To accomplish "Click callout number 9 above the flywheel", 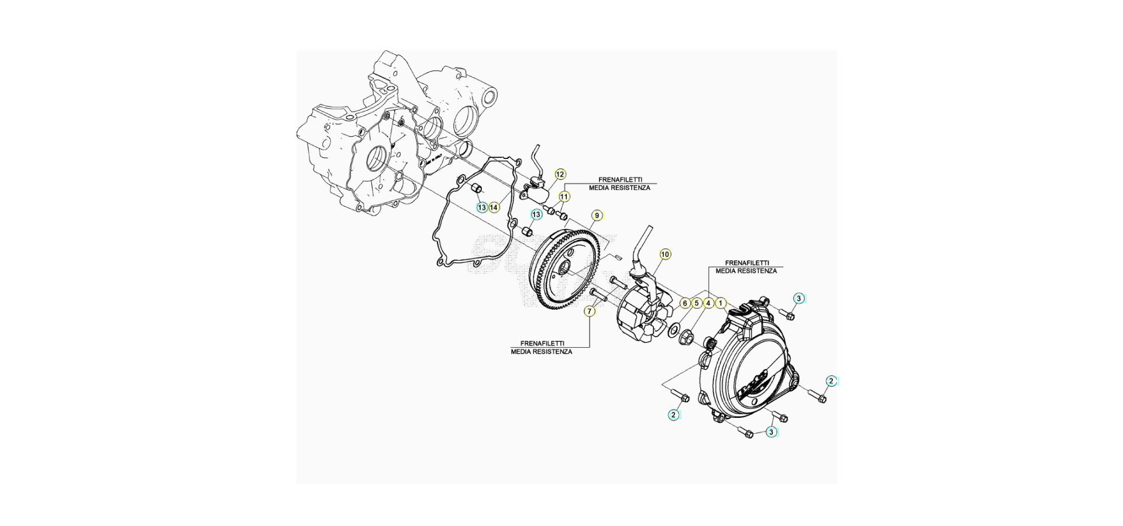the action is tap(597, 216).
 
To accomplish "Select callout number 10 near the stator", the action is tap(665, 254).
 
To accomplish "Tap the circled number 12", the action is tap(560, 174).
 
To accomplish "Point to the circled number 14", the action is tap(494, 207).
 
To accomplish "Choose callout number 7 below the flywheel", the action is tap(590, 312).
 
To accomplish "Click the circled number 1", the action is tap(721, 303).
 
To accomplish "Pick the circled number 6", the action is tap(685, 303).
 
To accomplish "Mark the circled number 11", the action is tap(564, 197).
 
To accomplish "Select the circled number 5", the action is tap(697, 303).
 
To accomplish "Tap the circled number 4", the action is tap(708, 303).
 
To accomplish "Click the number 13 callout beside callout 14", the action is tap(482, 207).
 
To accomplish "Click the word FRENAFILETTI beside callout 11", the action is tap(620, 180).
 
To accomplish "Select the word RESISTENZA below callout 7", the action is tap(553, 352).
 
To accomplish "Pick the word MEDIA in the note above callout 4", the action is tap(726, 271).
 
